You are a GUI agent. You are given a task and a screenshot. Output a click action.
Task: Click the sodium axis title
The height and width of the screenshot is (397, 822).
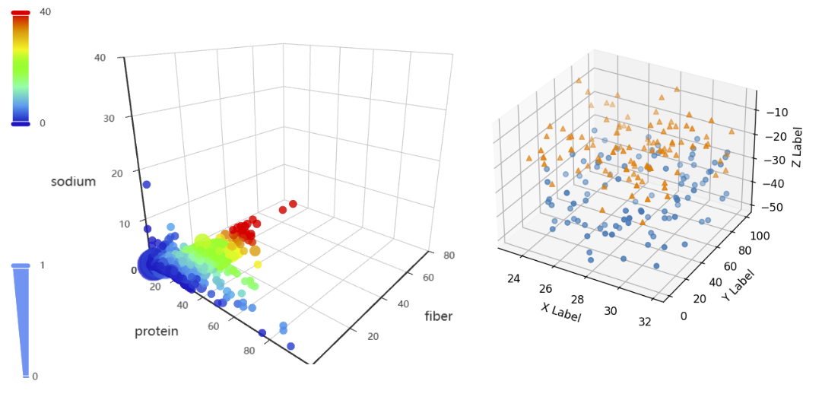point(74,182)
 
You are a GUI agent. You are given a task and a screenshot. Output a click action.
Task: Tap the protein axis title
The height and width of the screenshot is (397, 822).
point(157,331)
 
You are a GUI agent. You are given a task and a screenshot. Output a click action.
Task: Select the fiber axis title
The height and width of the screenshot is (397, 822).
point(439,316)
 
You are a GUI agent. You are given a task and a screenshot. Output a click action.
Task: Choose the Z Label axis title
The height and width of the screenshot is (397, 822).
point(798,147)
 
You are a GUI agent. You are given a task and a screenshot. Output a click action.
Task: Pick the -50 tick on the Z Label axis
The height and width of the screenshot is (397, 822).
point(776,207)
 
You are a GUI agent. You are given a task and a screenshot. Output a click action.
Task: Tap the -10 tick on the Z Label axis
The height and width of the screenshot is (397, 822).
point(776,113)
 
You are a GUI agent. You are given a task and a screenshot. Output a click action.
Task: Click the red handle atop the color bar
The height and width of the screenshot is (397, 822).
point(21,13)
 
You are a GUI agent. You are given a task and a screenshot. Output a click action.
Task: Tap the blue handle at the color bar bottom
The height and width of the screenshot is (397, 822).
point(21,123)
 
